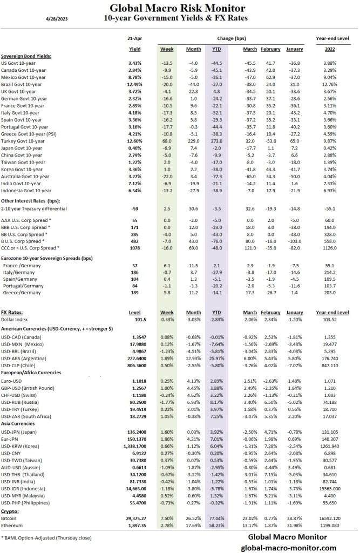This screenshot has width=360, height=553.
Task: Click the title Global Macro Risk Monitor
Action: tap(178, 8)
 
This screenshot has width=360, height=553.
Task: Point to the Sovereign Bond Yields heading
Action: tap(30, 56)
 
